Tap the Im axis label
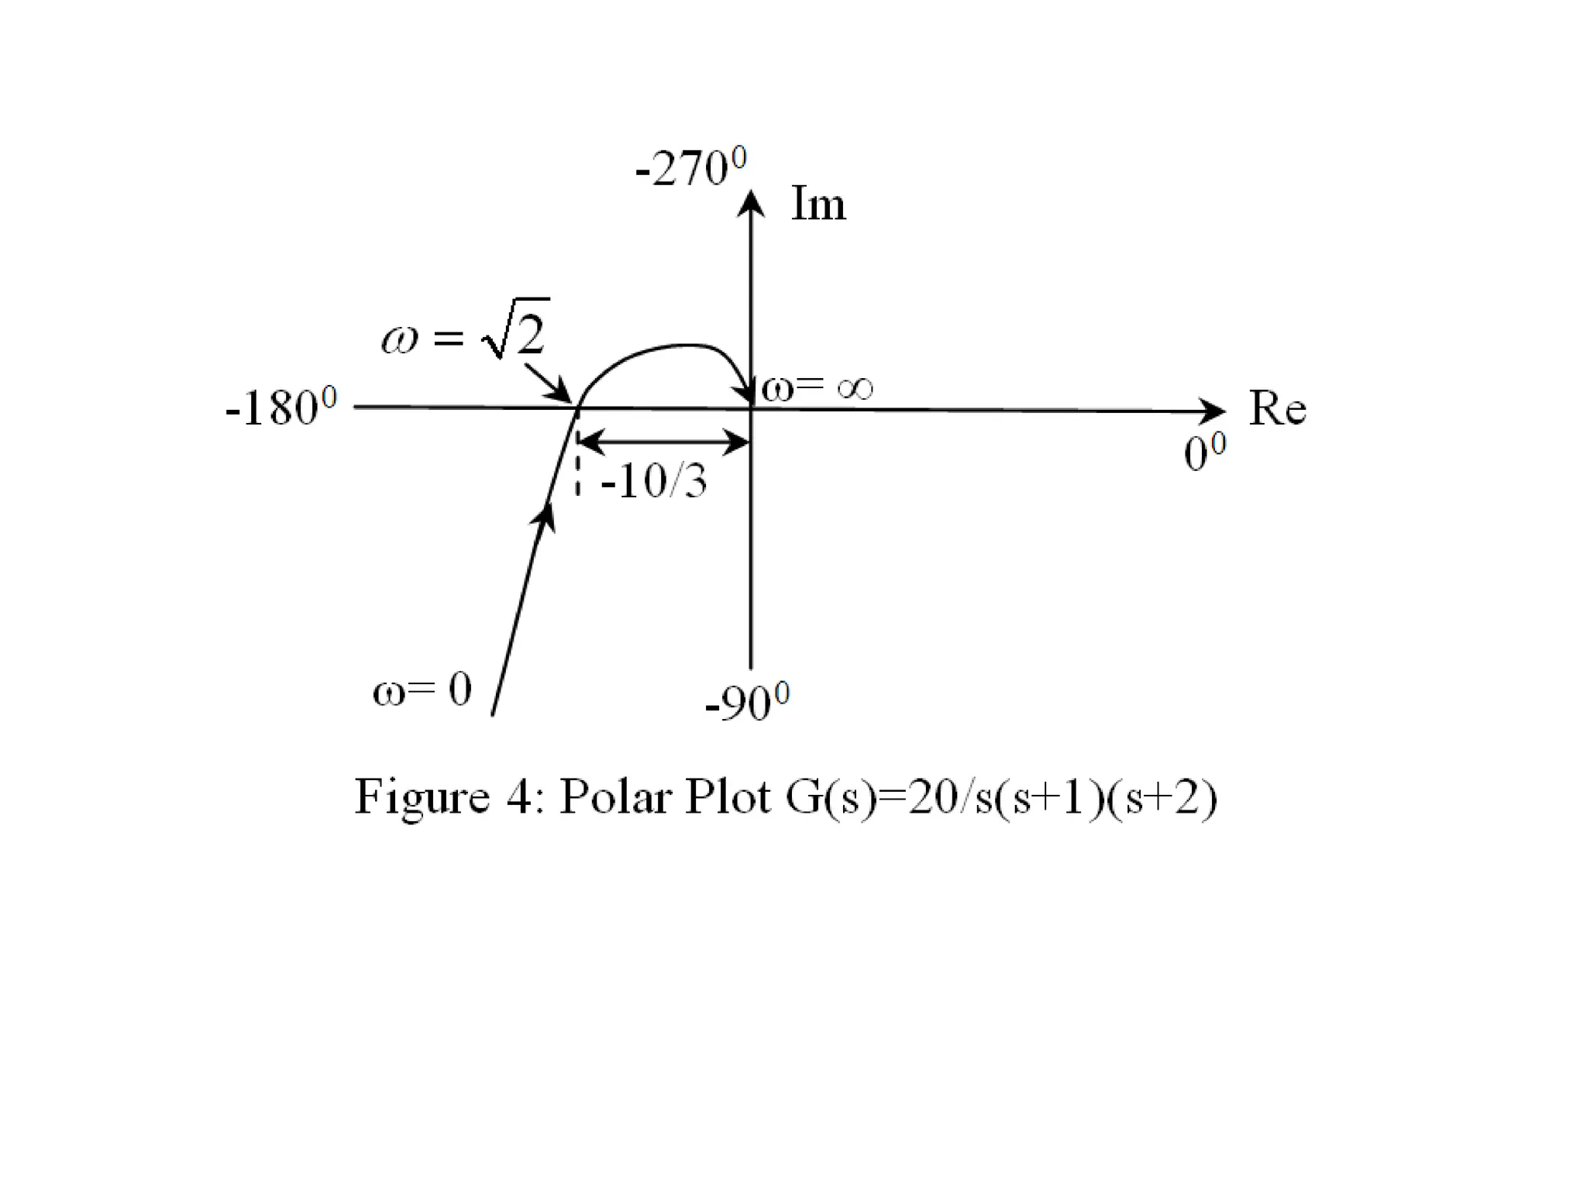coord(818,205)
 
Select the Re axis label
coord(1277,408)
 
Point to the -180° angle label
coord(281,407)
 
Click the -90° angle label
coord(747,702)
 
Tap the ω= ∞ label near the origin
coord(817,387)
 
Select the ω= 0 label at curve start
coord(422,689)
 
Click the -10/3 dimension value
coord(653,483)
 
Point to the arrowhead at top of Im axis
coord(750,203)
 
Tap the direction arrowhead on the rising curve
coord(545,515)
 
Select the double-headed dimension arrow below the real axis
coord(663,442)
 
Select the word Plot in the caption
coord(728,796)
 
